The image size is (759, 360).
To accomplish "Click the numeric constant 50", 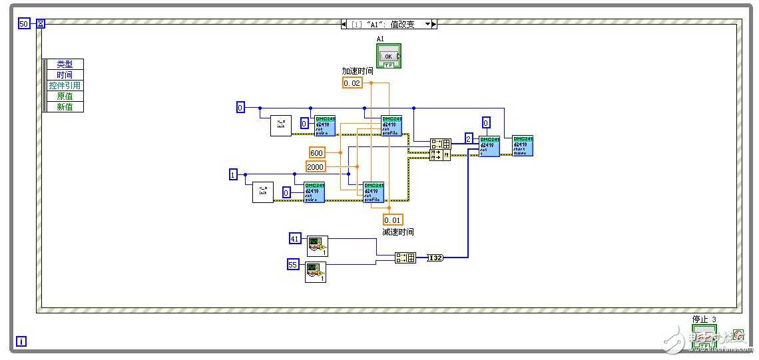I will tap(23, 24).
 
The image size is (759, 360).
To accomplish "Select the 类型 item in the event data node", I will tap(65, 65).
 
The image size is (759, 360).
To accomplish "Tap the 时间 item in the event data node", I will tap(65, 75).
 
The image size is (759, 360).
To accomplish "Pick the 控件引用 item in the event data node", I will tap(65, 86).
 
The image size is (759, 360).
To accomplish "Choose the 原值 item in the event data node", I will tap(65, 96).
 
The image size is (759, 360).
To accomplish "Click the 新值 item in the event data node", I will tap(65, 107).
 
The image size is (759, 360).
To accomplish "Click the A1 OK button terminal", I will tap(389, 56).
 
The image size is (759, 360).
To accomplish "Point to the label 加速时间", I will tap(358, 71).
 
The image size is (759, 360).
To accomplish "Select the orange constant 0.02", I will tap(352, 83).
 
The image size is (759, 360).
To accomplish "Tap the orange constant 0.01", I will tap(393, 220).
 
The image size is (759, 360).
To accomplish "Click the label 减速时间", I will tap(398, 232).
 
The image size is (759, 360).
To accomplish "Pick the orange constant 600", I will tap(317, 153).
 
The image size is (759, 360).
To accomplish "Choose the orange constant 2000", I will tap(316, 166).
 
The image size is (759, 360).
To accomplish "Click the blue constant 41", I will tap(295, 238).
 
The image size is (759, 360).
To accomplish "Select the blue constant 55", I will tap(293, 265).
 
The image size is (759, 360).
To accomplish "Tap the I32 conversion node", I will tap(435, 258).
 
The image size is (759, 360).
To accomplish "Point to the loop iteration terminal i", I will tap(21, 342).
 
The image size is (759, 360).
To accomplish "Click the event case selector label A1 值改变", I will tap(389, 24).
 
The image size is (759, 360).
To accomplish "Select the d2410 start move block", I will tap(523, 146).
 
